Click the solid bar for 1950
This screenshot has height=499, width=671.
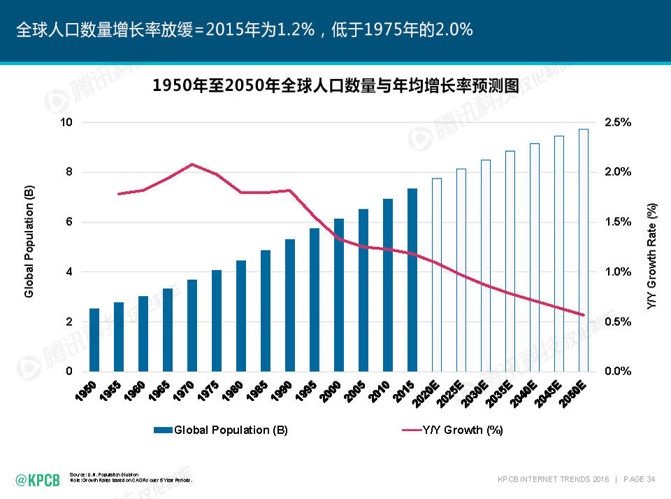94,340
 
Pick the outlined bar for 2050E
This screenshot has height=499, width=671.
584,250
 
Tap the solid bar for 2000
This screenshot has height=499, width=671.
339,295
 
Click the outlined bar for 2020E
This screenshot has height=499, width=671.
437,275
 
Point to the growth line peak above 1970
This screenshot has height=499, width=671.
192,164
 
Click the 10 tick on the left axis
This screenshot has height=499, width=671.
67,122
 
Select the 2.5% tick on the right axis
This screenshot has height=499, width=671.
618,122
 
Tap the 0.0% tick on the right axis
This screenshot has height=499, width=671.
618,372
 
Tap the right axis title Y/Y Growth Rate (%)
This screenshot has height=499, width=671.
652,256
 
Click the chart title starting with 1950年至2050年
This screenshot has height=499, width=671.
336,86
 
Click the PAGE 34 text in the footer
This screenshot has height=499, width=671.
638,479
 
